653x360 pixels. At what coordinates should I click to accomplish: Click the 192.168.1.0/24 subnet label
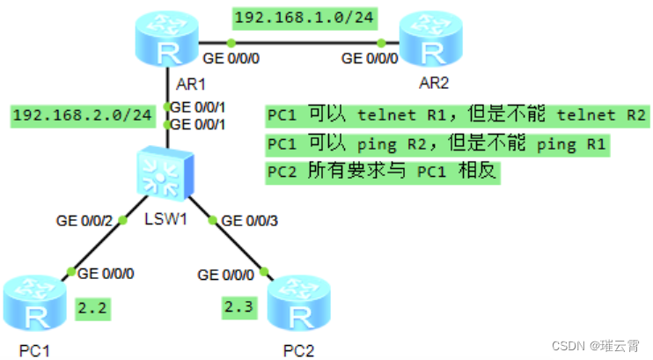(x=290, y=16)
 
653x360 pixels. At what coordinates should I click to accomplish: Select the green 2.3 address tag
(x=237, y=307)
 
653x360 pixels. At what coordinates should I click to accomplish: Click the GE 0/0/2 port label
(x=84, y=221)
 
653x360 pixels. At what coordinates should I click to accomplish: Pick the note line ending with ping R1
(x=437, y=143)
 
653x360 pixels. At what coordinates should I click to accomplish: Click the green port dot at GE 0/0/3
(x=214, y=220)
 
